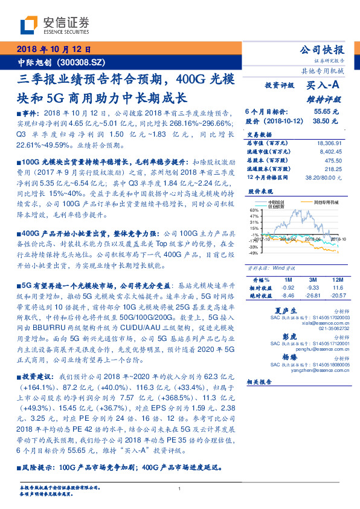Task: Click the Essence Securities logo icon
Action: (28, 25)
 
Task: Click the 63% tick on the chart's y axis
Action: (253, 210)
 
